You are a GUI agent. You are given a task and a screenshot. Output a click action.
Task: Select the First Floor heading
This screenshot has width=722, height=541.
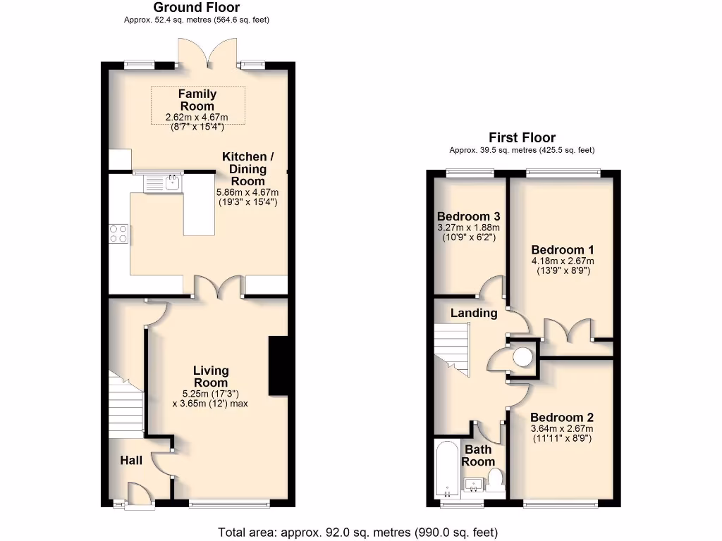[x=522, y=138]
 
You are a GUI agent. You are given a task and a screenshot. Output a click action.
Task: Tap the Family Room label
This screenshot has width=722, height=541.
[x=197, y=99]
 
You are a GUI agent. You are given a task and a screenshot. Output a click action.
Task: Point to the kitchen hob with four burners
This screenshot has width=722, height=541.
[x=118, y=233]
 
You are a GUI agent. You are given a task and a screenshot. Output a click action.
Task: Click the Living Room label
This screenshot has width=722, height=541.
[x=212, y=376]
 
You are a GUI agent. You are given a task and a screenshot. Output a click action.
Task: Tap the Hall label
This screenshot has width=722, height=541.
[x=131, y=461]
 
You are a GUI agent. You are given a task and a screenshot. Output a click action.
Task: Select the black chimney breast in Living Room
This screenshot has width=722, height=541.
[x=278, y=366]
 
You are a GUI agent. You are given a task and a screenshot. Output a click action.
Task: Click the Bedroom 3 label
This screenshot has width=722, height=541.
[x=468, y=216]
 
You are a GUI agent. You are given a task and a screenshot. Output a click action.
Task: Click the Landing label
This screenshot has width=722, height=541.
[x=474, y=313]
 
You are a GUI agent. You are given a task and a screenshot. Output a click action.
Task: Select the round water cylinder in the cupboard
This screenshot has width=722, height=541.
[x=522, y=358]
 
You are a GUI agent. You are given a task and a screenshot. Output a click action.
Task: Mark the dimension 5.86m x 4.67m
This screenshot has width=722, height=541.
[x=247, y=192]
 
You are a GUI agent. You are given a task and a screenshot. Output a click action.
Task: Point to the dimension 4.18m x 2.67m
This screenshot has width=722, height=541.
[x=562, y=261]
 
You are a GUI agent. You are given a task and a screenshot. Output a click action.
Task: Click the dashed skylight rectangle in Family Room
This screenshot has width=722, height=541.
[x=197, y=105]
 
